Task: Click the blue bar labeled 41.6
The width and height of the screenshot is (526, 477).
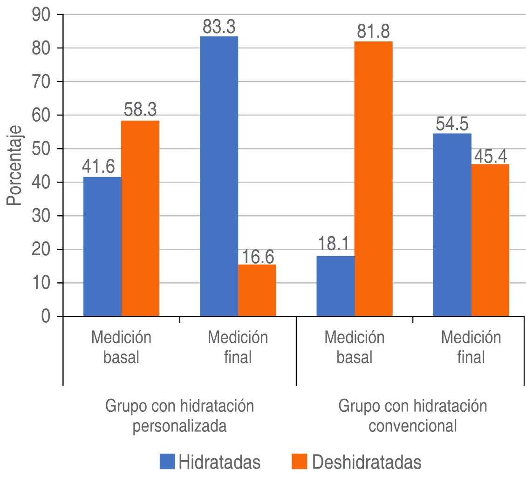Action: coord(102,246)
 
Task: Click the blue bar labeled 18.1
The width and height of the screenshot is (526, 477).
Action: coord(335,286)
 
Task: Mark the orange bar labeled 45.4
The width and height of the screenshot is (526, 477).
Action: coord(490,240)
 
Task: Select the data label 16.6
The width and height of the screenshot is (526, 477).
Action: coord(257,256)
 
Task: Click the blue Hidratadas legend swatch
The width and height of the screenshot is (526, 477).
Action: coord(167,463)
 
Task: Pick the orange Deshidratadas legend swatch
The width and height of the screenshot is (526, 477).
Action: coord(300,463)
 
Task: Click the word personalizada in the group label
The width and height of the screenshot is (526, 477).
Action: coord(180,426)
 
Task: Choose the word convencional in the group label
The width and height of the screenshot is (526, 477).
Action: coord(412,426)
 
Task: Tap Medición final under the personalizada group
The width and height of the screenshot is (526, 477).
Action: coord(238,347)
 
